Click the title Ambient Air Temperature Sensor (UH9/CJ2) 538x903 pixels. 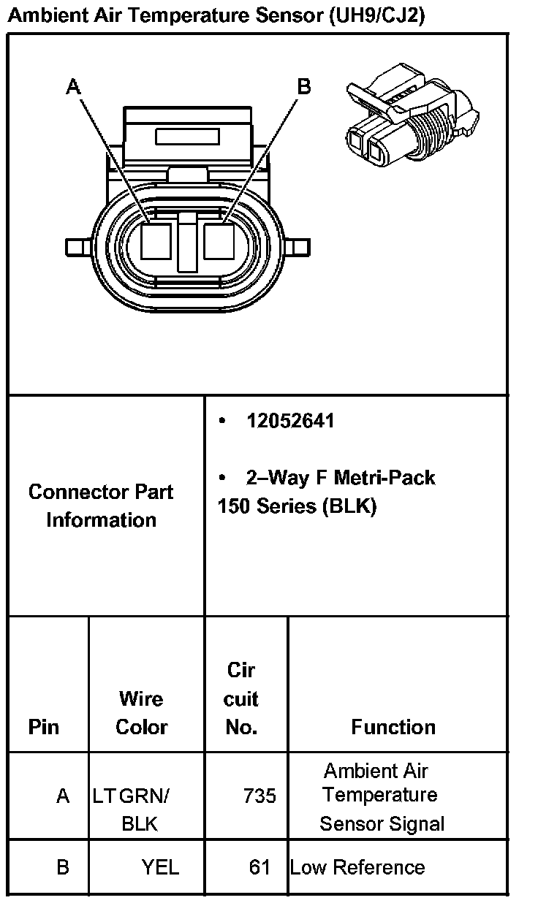coord(216,15)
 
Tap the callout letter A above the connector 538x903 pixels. coord(73,88)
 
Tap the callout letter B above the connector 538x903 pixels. coord(303,87)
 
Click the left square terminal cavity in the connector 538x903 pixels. coord(156,241)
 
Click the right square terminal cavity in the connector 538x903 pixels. coord(219,241)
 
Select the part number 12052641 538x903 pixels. coord(290,422)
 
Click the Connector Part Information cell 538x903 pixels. coord(102,506)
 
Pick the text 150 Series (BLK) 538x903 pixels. coord(297,506)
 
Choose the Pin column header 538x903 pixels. coord(44,727)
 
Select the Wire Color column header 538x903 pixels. coord(141,713)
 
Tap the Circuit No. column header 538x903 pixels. coord(241,698)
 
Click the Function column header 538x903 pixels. coord(393,727)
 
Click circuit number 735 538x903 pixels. coord(259,796)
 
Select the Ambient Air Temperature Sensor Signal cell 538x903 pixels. coord(382,797)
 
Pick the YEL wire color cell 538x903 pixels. coord(160,867)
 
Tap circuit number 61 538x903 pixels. coord(259,867)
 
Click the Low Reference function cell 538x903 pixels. coord(357,867)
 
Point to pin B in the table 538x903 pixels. coord(63,867)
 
